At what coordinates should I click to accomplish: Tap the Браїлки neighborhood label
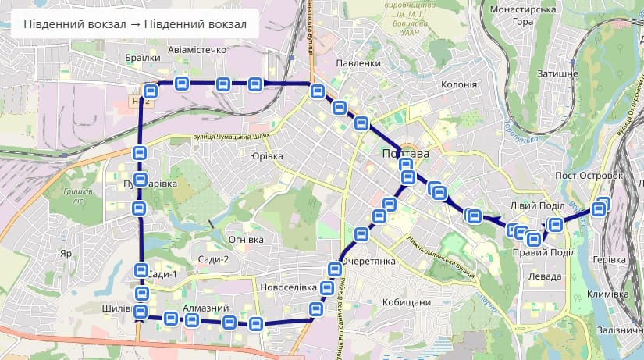(x=143, y=58)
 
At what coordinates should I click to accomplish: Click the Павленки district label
(x=358, y=62)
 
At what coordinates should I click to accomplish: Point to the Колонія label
(x=459, y=84)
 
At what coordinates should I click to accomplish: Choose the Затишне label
(x=557, y=73)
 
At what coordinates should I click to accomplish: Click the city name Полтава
(x=406, y=154)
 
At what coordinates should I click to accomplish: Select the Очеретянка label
(x=370, y=261)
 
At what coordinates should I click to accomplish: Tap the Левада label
(x=544, y=276)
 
